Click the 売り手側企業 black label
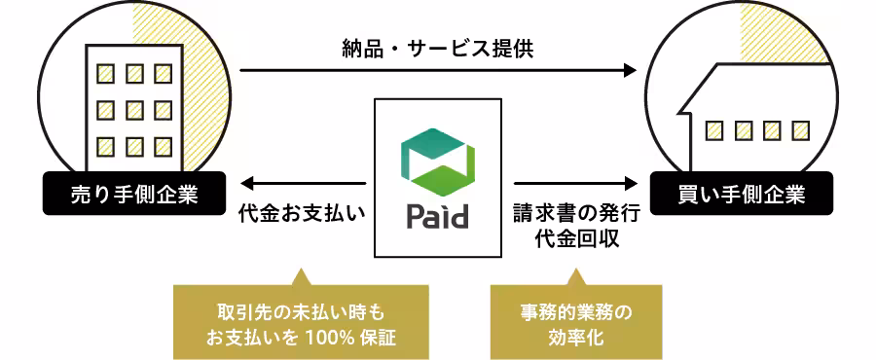pyautogui.click(x=134, y=195)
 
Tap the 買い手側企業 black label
pyautogui.click(x=742, y=195)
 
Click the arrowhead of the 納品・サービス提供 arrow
pyautogui.click(x=630, y=70)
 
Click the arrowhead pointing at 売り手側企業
pyautogui.click(x=247, y=182)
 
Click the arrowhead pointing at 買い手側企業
pyautogui.click(x=630, y=182)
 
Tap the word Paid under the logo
pyautogui.click(x=437, y=216)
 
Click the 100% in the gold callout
pyautogui.click(x=327, y=338)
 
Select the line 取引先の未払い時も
pyautogui.click(x=301, y=313)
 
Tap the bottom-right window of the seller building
pyautogui.click(x=162, y=146)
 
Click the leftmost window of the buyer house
pyautogui.click(x=716, y=129)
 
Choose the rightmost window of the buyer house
pyautogui.click(x=801, y=129)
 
